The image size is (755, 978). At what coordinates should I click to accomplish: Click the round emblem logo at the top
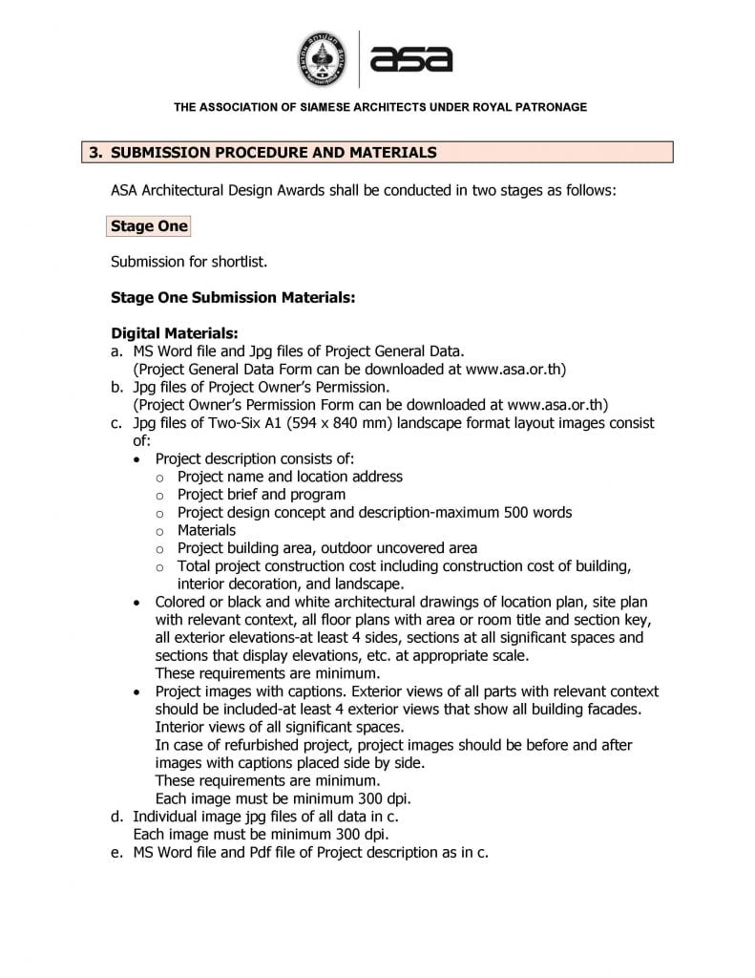pos(324,58)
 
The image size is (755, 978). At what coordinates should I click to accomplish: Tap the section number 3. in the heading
pos(95,153)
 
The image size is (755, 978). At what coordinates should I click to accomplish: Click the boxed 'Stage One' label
pos(149,226)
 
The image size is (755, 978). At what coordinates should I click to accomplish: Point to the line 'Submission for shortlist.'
pos(188,262)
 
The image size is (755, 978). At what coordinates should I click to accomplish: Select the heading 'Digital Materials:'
pos(174,333)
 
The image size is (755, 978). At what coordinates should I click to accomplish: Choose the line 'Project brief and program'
pos(262,495)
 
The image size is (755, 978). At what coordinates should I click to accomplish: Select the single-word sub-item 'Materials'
pos(206,530)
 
